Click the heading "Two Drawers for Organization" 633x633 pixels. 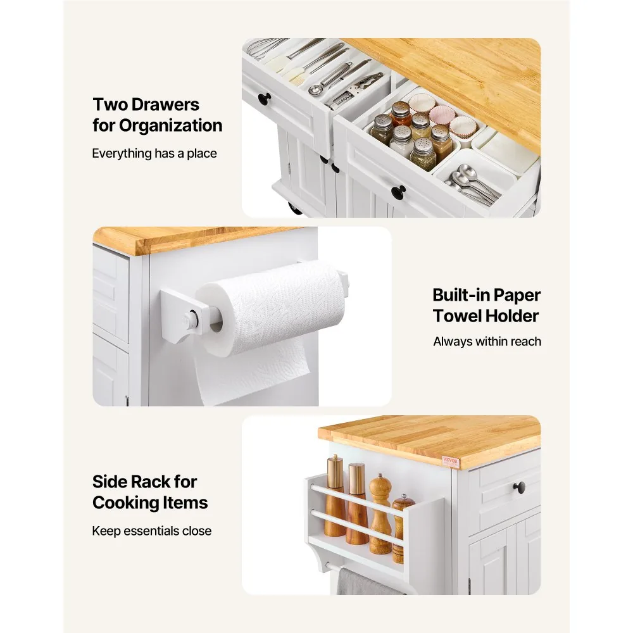tap(158, 115)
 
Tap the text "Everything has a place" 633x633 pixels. tap(154, 153)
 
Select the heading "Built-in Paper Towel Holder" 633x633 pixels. tap(486, 306)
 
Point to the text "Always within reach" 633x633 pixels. tap(487, 342)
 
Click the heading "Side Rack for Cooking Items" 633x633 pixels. tap(150, 492)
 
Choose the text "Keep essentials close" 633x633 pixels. tap(152, 530)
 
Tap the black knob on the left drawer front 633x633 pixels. tap(265, 99)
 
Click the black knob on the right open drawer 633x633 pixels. tap(399, 192)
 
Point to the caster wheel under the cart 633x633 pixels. tap(294, 207)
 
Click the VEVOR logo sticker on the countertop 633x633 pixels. tap(450, 461)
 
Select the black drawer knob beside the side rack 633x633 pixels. tap(519, 487)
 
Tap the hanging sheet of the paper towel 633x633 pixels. tap(253, 372)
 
